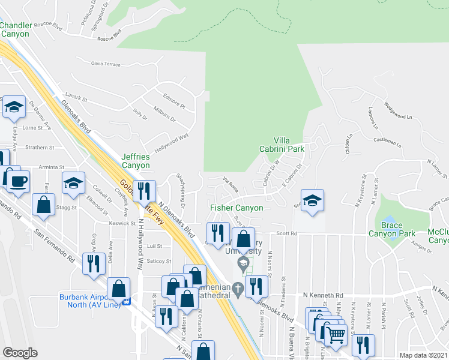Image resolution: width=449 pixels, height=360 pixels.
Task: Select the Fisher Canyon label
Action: coord(237,208)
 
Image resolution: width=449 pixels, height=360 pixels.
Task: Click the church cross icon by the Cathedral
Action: coord(238,289)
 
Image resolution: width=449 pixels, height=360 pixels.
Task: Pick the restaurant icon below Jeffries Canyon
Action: coord(143,191)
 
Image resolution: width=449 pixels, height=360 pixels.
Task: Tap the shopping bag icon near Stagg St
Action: coord(45,205)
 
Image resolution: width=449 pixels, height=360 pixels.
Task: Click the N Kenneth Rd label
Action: coord(323,295)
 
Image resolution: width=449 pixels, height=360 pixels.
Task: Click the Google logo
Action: coord(20,353)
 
